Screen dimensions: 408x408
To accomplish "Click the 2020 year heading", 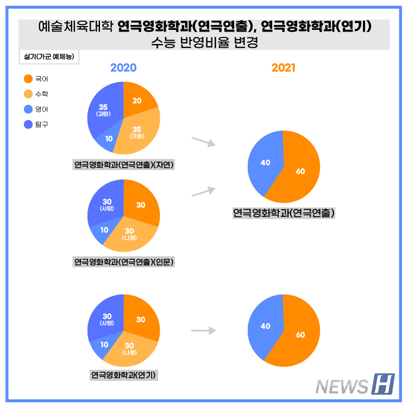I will tap(123, 67).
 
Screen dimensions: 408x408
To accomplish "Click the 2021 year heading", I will tap(284, 67).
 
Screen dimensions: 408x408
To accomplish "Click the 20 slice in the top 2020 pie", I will tap(137, 101).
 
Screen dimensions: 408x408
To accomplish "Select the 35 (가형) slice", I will tap(136, 131).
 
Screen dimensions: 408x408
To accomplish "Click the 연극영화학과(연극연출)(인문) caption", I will tap(123, 262).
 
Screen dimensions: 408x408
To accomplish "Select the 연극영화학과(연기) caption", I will tap(124, 375).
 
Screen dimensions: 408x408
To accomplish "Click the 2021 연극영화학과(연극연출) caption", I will tap(284, 213).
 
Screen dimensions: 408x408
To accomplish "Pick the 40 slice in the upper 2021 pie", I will tap(265, 162).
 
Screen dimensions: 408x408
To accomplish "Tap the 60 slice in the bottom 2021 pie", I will tap(300, 335).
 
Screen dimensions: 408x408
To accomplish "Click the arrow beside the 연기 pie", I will tap(203, 330).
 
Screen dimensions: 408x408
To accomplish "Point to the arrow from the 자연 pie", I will tap(203, 142).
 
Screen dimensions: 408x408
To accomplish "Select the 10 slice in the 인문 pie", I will tap(104, 230).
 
